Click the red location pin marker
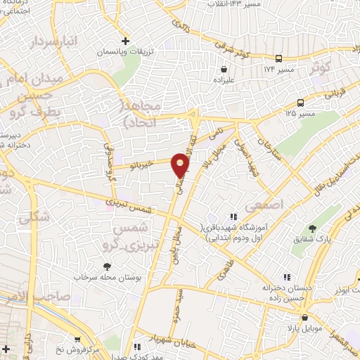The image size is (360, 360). coord(181,164)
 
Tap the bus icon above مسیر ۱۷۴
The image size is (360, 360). coord(279,59)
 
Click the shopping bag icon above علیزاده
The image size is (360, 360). coord(224,70)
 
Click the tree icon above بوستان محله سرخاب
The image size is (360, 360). coord(106,266)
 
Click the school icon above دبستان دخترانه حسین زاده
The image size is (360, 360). coord(285,277)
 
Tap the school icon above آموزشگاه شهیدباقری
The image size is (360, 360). coord(233,217)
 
